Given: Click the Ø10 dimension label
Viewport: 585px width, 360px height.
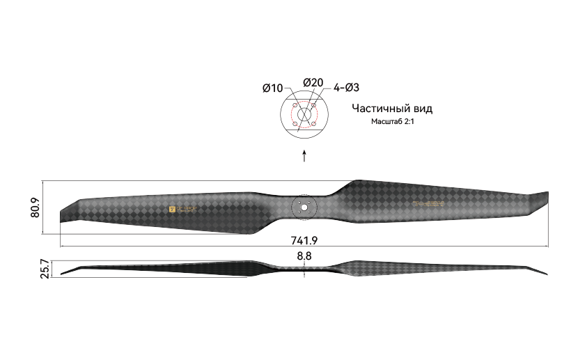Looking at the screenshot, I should click(x=272, y=88).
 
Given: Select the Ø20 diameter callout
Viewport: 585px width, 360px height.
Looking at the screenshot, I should click(x=313, y=83).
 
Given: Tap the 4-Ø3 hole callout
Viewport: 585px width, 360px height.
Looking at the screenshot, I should click(x=346, y=88).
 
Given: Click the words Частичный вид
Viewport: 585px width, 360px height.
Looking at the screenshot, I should click(x=391, y=109).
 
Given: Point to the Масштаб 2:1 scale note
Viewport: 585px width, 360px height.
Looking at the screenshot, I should click(x=391, y=122).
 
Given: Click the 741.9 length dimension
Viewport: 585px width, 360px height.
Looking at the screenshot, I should click(x=304, y=240).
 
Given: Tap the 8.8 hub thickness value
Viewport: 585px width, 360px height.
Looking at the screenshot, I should click(x=304, y=256).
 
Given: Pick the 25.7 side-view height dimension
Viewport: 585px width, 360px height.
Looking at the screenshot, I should click(x=45, y=269).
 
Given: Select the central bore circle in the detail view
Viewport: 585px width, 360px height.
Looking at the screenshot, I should click(x=304, y=114).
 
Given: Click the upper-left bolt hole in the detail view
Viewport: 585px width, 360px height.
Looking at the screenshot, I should click(x=295, y=105).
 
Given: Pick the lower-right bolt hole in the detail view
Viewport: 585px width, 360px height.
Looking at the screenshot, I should click(x=314, y=124).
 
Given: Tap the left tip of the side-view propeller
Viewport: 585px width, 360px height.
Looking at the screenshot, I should click(x=63, y=274).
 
